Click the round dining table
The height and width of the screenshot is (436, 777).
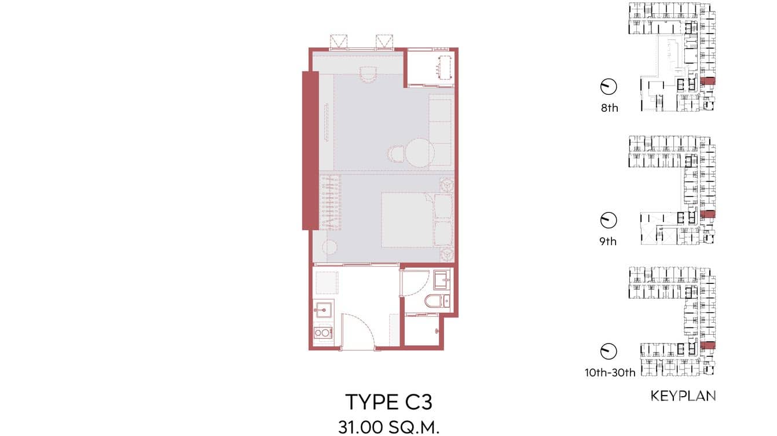coord(419,152)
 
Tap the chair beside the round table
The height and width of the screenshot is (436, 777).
coord(395,153)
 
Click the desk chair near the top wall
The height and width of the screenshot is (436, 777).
coord(368,73)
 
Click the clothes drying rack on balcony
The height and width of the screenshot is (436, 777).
coord(445,68)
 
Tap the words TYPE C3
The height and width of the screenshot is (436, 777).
coord(388,402)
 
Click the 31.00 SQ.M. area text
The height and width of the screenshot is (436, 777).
coord(388,427)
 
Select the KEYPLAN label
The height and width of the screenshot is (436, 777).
coord(683,396)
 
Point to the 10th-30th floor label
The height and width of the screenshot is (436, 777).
coord(610,373)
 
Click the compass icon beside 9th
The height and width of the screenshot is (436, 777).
coord(609,220)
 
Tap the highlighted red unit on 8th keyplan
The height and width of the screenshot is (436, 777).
coord(708,81)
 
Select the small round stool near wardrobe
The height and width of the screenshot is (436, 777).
coord(329,247)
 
